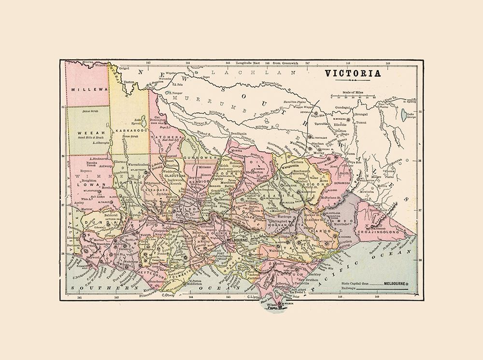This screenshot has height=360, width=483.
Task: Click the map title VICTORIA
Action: (x=352, y=73)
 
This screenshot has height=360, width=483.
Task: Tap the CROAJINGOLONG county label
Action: (x=388, y=224)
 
